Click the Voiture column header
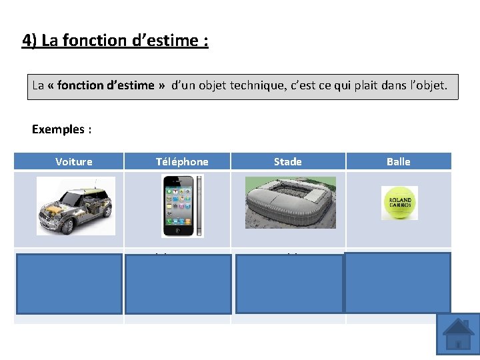click(x=74, y=161)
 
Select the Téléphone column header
click(x=182, y=161)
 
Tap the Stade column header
click(x=287, y=161)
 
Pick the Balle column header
click(x=398, y=161)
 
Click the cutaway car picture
click(x=75, y=205)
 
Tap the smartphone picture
click(x=182, y=206)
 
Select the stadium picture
click(x=290, y=203)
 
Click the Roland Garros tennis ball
click(x=399, y=203)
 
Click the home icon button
click(x=458, y=334)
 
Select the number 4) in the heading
click(x=29, y=41)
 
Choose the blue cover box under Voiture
click(x=70, y=283)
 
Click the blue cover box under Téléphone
click(x=178, y=283)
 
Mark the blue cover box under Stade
click(x=289, y=283)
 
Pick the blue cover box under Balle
click(x=397, y=283)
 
